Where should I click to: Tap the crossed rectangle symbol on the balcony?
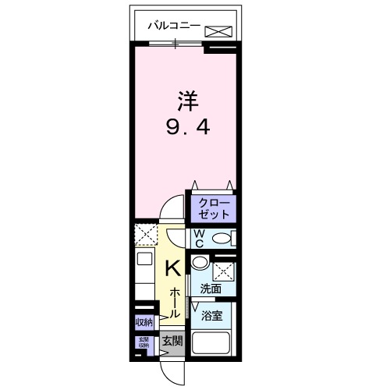(x=218, y=30)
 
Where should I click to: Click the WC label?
(x=199, y=237)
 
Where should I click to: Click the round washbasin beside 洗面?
(x=200, y=263)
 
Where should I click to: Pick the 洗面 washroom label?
(x=210, y=289)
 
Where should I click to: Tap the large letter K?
(x=174, y=268)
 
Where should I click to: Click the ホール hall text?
(x=175, y=300)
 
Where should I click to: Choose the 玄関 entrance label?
(x=172, y=341)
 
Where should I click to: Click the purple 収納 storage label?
(x=144, y=322)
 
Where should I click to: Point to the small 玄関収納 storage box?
(x=144, y=342)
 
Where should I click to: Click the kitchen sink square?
(x=144, y=260)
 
